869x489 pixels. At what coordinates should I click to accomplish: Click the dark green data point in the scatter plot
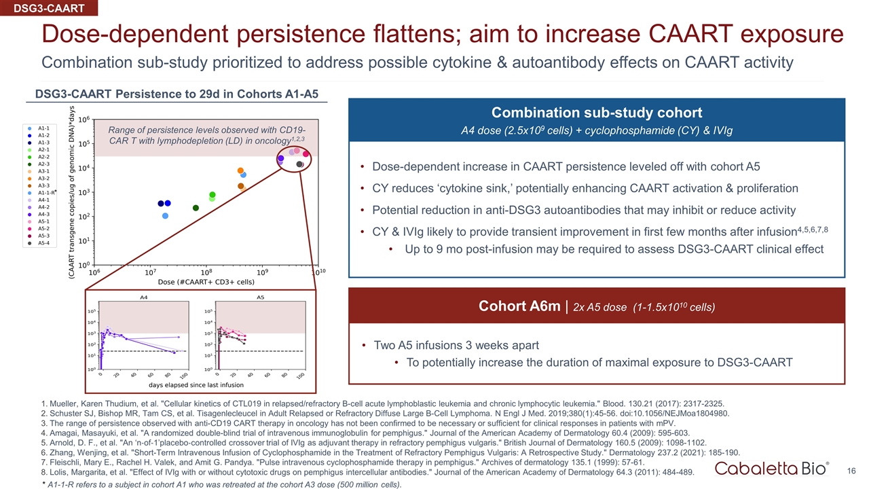point(196,208)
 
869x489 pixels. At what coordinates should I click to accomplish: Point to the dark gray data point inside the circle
point(299,164)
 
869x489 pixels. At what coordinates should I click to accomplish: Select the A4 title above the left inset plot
point(144,297)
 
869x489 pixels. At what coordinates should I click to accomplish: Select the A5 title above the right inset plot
point(260,297)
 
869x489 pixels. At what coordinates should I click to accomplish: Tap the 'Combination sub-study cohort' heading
point(597,112)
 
